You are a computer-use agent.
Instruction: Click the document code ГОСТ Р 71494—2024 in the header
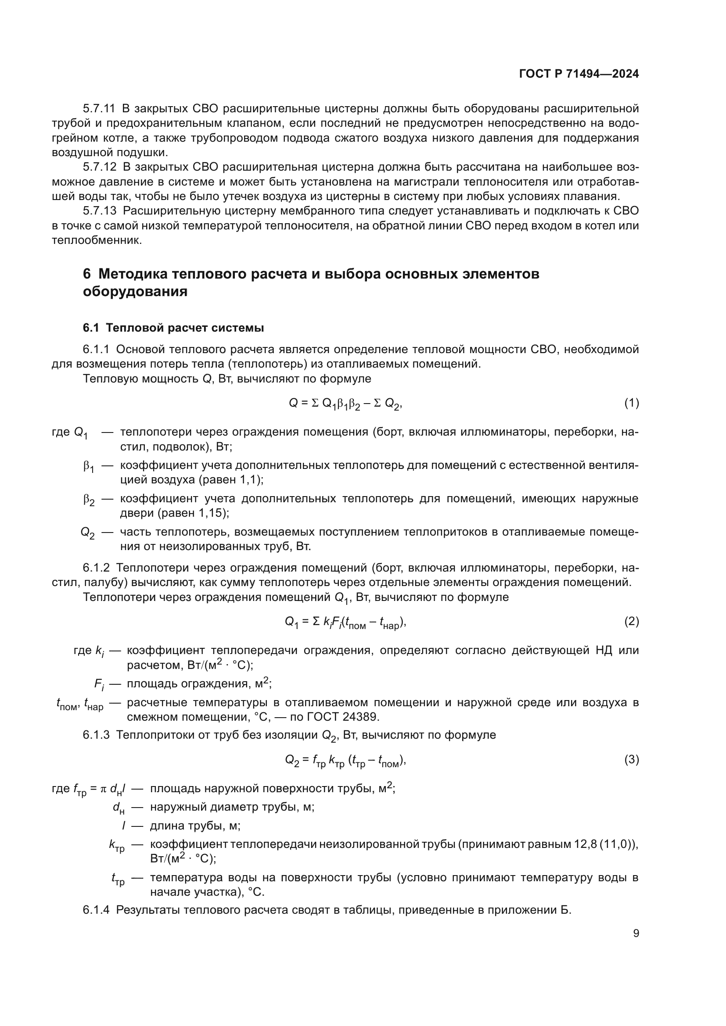point(579,74)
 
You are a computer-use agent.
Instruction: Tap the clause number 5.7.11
point(99,109)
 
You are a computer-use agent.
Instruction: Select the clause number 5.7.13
point(99,211)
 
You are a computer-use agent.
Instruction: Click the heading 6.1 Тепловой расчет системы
point(173,328)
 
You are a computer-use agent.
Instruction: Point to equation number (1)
point(631,403)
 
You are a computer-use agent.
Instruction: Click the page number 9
point(636,933)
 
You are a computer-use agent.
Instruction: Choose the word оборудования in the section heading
point(135,291)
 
